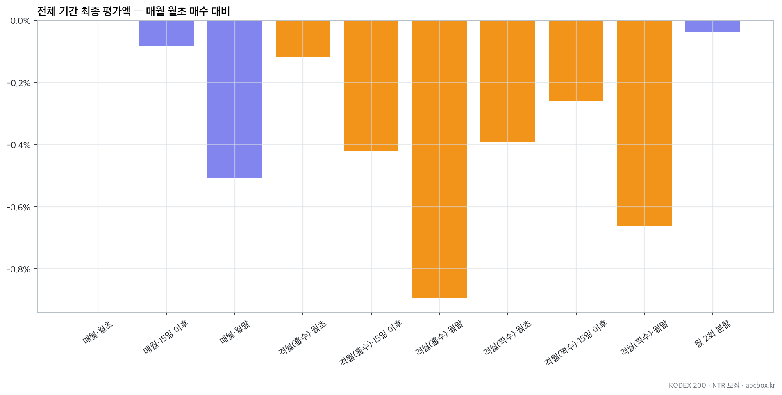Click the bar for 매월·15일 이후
click(166, 33)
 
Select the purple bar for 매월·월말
click(234, 99)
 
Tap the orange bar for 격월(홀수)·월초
click(303, 39)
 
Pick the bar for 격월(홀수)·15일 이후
click(371, 86)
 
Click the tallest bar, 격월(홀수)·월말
click(439, 159)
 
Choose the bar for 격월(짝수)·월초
click(508, 81)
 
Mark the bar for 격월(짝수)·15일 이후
click(576, 61)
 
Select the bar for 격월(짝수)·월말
click(644, 123)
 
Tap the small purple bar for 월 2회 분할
click(713, 26)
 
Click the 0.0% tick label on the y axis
click(20, 21)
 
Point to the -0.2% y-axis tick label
click(19, 83)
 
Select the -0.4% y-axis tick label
click(19, 145)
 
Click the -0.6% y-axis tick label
click(19, 208)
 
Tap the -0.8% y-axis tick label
click(19, 269)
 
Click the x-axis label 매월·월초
click(98, 332)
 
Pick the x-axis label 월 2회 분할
click(712, 333)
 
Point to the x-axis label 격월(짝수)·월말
click(644, 338)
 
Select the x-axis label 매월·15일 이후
click(166, 337)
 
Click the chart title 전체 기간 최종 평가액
click(84, 11)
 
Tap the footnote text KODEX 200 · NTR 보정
click(704, 385)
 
